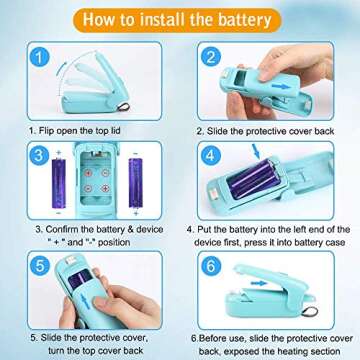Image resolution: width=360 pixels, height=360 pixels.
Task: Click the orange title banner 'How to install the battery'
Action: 179,18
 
